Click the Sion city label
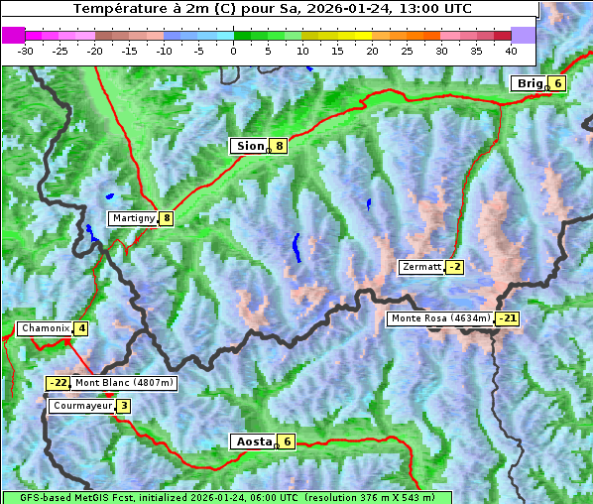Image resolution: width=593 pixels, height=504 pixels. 249,146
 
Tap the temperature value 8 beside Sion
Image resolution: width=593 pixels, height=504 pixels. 280,146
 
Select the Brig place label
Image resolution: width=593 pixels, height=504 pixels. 530,83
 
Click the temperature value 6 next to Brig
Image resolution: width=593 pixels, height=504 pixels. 558,83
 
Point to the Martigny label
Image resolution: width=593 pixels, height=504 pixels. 133,218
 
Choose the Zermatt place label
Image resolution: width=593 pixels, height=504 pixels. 421,267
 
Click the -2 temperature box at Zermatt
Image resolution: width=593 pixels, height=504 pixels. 455,267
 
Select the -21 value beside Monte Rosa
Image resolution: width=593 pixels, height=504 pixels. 508,318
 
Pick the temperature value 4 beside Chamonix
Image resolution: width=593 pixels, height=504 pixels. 81,328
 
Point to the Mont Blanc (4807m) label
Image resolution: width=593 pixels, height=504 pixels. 125,382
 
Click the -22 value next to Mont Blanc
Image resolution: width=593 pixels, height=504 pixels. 59,382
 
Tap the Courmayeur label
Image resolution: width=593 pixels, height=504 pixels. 82,406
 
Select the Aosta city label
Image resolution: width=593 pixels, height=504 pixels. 252,441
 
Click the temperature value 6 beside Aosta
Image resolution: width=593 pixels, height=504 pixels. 287,441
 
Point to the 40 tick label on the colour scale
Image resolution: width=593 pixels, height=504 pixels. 511,50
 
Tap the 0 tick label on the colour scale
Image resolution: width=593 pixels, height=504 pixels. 233,50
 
